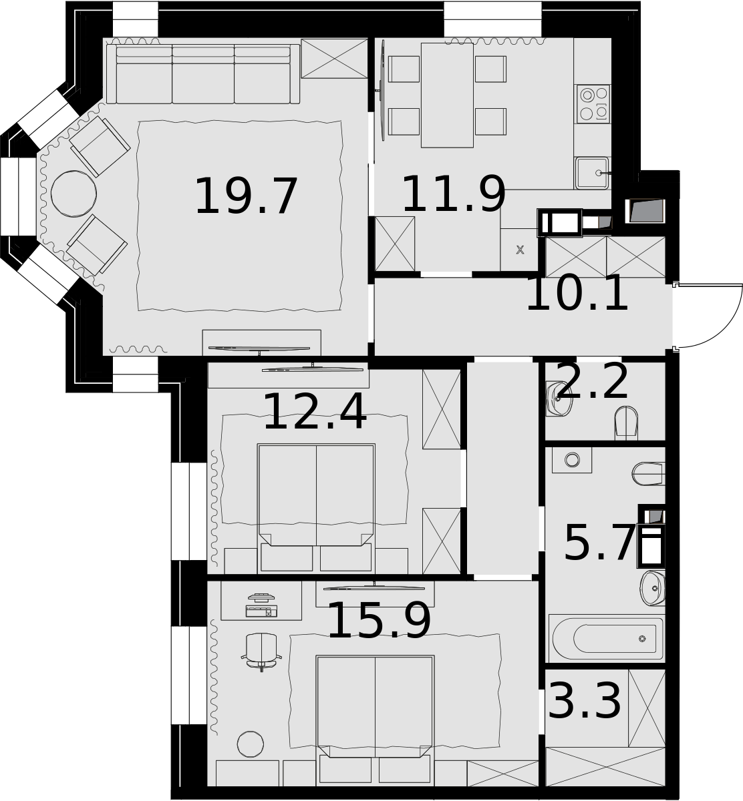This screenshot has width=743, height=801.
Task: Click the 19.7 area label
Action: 247,197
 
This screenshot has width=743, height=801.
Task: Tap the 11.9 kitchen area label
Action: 454,194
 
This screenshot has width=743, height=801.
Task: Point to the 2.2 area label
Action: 592,381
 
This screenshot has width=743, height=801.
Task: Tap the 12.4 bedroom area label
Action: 315,412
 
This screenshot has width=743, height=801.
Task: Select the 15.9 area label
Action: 379,621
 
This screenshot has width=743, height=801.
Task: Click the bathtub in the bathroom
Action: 607,638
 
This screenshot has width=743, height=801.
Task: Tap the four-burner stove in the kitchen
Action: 593,103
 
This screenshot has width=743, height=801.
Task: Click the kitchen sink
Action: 593,173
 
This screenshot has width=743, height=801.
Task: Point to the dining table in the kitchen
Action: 447,95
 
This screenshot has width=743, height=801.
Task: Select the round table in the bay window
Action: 74,194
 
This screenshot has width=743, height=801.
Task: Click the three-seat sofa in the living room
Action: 203,74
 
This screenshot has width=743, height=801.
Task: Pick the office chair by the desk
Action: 261,652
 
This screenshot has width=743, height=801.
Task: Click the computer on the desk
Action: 261,605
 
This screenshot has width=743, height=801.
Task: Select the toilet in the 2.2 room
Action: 626,423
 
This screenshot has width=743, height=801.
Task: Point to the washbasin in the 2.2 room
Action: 559,398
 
